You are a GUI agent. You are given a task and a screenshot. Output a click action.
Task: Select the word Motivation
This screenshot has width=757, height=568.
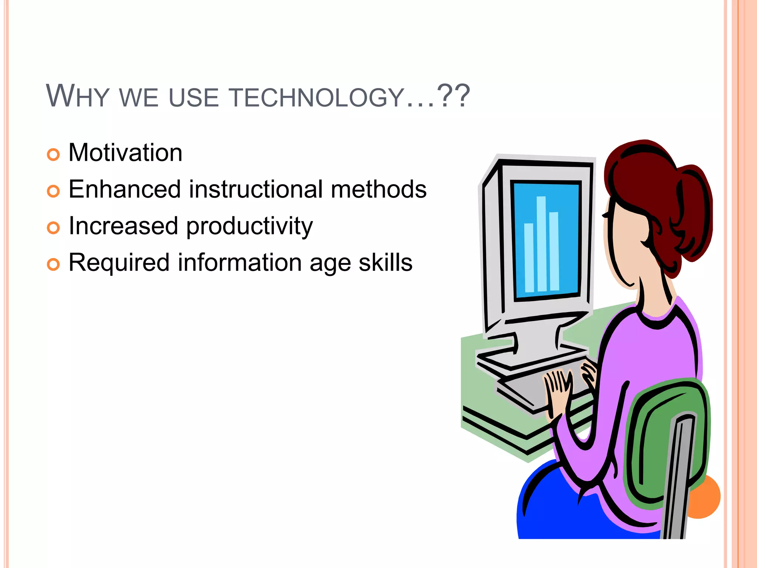[x=125, y=152]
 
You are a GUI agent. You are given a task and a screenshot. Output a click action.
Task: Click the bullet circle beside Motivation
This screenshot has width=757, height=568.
[x=53, y=155]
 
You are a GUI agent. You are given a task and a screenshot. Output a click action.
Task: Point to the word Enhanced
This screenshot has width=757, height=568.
[x=125, y=189]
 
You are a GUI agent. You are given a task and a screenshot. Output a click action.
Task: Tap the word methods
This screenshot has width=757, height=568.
[x=378, y=189]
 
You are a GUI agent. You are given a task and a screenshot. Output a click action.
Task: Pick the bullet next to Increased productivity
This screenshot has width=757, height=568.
[x=53, y=228]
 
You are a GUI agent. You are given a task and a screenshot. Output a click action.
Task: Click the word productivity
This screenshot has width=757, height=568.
[x=249, y=226]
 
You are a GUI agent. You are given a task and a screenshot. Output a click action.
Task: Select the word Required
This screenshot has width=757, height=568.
[x=119, y=263]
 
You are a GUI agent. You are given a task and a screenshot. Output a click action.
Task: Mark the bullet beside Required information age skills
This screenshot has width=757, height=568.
[x=53, y=264]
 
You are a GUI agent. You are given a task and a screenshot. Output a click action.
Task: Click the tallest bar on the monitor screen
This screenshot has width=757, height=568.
[x=542, y=244]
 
